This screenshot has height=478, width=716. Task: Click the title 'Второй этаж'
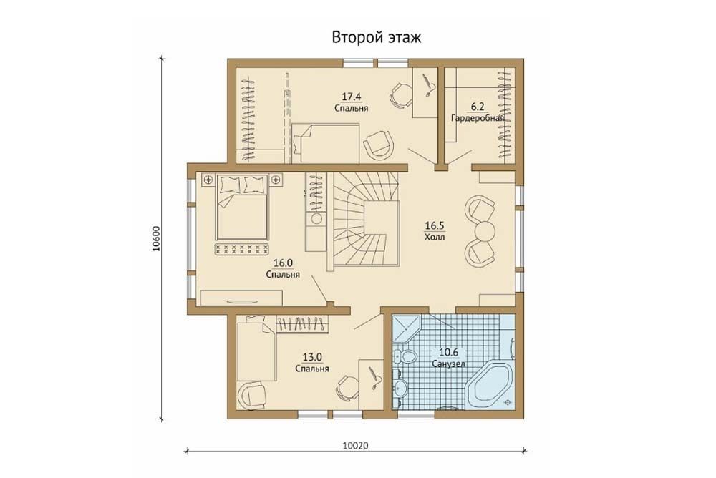pos(377,37)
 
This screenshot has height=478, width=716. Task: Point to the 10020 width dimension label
pos(355,445)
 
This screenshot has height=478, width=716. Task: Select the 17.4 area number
pos(351,97)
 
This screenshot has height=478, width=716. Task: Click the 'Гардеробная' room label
pos(478,118)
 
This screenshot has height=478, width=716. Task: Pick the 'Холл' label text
pos(435,238)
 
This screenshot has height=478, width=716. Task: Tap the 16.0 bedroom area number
pos(283,263)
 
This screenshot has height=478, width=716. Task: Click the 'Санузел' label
pos(448,364)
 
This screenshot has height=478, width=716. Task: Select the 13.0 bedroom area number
pos(312,357)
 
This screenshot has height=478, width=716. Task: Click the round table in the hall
pos(484,230)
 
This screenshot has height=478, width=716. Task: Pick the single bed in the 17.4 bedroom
pos(325,142)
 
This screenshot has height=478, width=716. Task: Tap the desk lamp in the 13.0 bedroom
pos(374,378)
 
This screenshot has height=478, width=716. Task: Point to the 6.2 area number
pos(478,107)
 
